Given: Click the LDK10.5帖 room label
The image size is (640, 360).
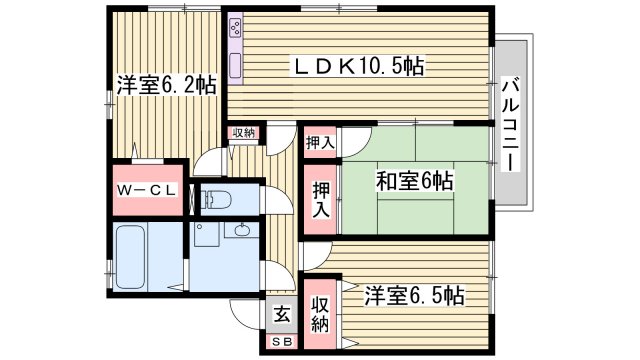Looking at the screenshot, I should coord(357,67).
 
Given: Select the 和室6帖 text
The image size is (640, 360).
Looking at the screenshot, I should coord(415,182).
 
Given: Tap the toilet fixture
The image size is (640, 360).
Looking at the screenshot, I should coord(219,200).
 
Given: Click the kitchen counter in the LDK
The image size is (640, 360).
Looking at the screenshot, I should coord(236,50).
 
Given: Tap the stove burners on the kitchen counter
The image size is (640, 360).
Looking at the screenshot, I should coord(235,28).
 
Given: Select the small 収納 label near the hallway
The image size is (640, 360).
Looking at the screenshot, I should coord(245,133).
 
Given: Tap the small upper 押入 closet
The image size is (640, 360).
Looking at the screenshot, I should coord(319,143).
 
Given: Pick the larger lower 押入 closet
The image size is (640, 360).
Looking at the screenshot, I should coord(319,200).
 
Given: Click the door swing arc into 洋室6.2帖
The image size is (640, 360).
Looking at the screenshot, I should coord(205,159).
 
